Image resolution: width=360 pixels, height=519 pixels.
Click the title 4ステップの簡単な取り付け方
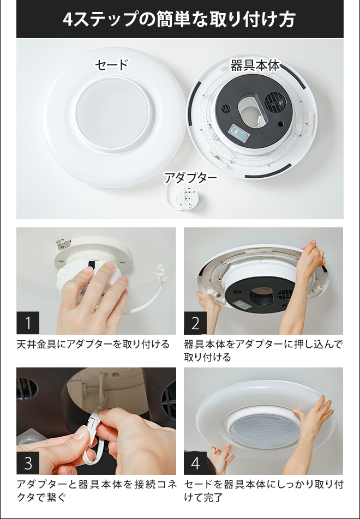point(179,20)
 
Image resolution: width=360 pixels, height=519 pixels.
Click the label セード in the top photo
point(111,65)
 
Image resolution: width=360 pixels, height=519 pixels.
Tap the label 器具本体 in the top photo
point(255,65)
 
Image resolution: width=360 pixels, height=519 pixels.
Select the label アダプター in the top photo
point(190,178)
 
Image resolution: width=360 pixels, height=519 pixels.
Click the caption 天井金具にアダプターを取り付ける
point(93,345)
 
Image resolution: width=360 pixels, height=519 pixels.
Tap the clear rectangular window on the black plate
point(238,132)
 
